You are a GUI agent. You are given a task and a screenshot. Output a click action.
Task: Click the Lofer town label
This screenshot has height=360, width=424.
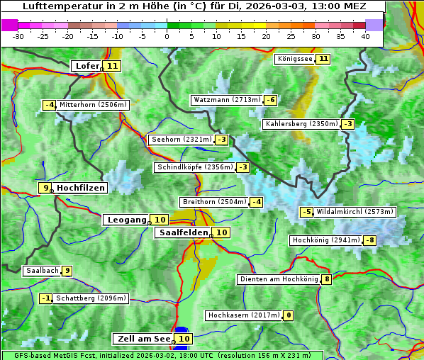click(87, 66)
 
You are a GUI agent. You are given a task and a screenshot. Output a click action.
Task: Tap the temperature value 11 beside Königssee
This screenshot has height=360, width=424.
click(324, 59)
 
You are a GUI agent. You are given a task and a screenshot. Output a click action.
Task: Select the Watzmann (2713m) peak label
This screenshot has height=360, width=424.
click(227, 100)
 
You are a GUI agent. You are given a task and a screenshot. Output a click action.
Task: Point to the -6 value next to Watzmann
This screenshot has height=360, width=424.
click(271, 100)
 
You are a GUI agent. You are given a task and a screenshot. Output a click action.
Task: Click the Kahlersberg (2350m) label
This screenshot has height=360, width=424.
click(301, 124)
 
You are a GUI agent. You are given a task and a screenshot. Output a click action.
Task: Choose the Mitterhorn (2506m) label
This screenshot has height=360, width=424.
click(93, 105)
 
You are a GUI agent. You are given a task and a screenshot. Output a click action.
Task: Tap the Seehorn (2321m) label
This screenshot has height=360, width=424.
click(182, 140)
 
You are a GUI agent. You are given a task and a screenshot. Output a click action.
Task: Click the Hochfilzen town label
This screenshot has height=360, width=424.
click(81, 188)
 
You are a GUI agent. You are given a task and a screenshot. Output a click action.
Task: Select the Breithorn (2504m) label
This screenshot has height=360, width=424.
click(213, 202)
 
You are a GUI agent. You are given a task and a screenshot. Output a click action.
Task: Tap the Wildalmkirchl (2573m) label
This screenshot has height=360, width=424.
click(355, 211)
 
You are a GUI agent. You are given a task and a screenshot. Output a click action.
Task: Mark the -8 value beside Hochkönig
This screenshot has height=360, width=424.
click(370, 240)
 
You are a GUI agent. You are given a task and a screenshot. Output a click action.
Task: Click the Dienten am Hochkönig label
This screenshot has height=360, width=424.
click(279, 279)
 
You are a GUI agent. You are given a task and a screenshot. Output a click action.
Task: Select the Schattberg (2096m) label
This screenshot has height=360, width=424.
click(91, 298)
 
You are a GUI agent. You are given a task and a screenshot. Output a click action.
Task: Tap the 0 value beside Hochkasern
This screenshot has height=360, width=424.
click(288, 315)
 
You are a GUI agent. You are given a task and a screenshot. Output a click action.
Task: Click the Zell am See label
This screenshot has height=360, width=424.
click(142, 339)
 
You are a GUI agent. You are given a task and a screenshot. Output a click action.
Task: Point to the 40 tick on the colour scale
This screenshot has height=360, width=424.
click(365, 36)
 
